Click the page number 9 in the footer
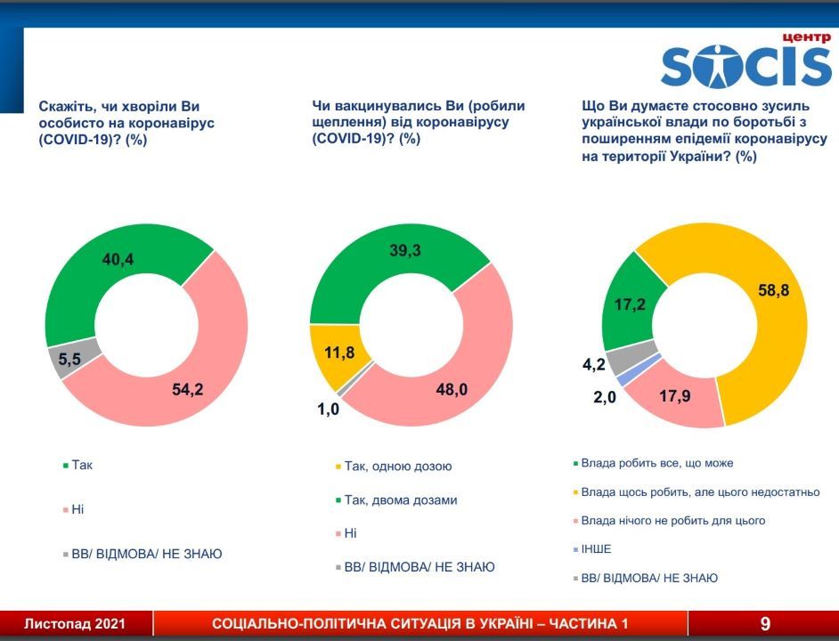click(765, 623)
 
